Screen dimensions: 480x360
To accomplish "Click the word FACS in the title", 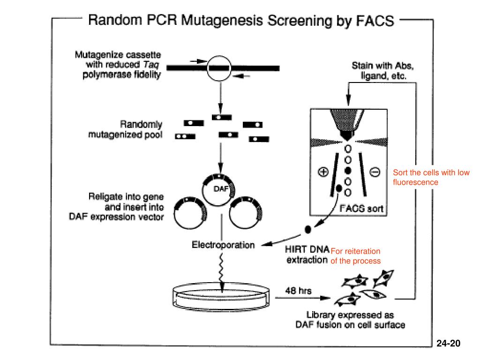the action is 375,21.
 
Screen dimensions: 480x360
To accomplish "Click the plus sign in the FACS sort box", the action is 323,172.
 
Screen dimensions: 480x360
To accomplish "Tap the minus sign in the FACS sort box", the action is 375,172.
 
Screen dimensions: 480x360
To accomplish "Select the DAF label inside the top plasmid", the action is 221,189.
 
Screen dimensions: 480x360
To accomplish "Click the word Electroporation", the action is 223,245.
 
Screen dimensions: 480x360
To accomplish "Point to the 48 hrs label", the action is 298,291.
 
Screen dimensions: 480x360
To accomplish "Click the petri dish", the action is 221,296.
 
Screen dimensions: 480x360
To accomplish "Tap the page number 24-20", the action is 448,343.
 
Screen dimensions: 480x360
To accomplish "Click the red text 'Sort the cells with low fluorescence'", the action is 431,177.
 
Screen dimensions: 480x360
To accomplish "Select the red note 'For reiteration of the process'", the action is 356,256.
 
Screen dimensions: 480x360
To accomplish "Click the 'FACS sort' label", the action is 361,209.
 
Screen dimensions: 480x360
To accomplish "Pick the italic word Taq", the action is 151,65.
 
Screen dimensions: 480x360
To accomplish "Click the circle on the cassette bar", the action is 219,68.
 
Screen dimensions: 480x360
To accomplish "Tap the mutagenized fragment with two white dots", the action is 185,136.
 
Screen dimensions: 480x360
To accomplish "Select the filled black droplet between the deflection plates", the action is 348,171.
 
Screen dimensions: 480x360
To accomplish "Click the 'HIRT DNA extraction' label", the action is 307,255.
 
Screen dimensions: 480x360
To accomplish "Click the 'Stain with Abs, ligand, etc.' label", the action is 383,70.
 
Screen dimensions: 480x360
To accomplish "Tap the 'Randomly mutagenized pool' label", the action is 125,129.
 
